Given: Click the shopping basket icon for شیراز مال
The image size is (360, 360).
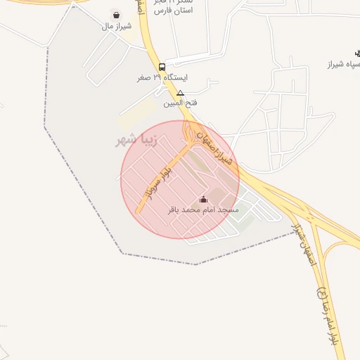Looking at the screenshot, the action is click(x=115, y=15).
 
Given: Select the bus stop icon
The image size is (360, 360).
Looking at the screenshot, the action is click(x=162, y=66).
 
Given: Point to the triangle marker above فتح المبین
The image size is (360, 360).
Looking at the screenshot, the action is click(x=180, y=93).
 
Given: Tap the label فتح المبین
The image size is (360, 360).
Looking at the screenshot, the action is click(x=180, y=103).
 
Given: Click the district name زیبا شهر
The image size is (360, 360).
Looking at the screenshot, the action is click(x=137, y=141).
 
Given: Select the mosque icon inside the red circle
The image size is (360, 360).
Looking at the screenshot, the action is click(x=204, y=200).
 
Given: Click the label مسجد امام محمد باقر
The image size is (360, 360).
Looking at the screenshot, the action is click(x=204, y=210).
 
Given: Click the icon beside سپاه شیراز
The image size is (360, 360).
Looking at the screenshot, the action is click(x=358, y=53).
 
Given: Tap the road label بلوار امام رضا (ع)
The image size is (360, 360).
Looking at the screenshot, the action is click(x=330, y=320).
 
